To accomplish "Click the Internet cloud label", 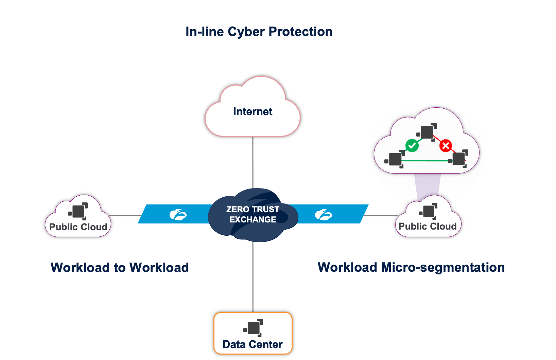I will pyautogui.click(x=253, y=111).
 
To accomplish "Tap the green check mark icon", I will pyautogui.click(x=412, y=146).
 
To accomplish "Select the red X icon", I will pyautogui.click(x=446, y=146).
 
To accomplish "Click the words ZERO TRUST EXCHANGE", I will pyautogui.click(x=253, y=214).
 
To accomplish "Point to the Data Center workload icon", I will pyautogui.click(x=254, y=328).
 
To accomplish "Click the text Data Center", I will pyautogui.click(x=253, y=344).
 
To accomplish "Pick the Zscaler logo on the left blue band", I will pyautogui.click(x=178, y=215).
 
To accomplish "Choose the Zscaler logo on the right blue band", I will pyautogui.click(x=323, y=215).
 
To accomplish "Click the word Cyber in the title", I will pyautogui.click(x=246, y=32).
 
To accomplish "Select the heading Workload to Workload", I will pyautogui.click(x=120, y=268).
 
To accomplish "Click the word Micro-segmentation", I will pyautogui.click(x=442, y=267).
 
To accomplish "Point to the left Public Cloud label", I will pyautogui.click(x=78, y=227).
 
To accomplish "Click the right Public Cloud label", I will pyautogui.click(x=428, y=226).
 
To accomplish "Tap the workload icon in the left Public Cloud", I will pyautogui.click(x=78, y=211).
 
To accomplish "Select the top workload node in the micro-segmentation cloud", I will pyautogui.click(x=427, y=132).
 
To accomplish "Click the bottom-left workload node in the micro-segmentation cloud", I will pyautogui.click(x=395, y=159).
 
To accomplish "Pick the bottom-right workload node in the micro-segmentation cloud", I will pyautogui.click(x=458, y=159).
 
